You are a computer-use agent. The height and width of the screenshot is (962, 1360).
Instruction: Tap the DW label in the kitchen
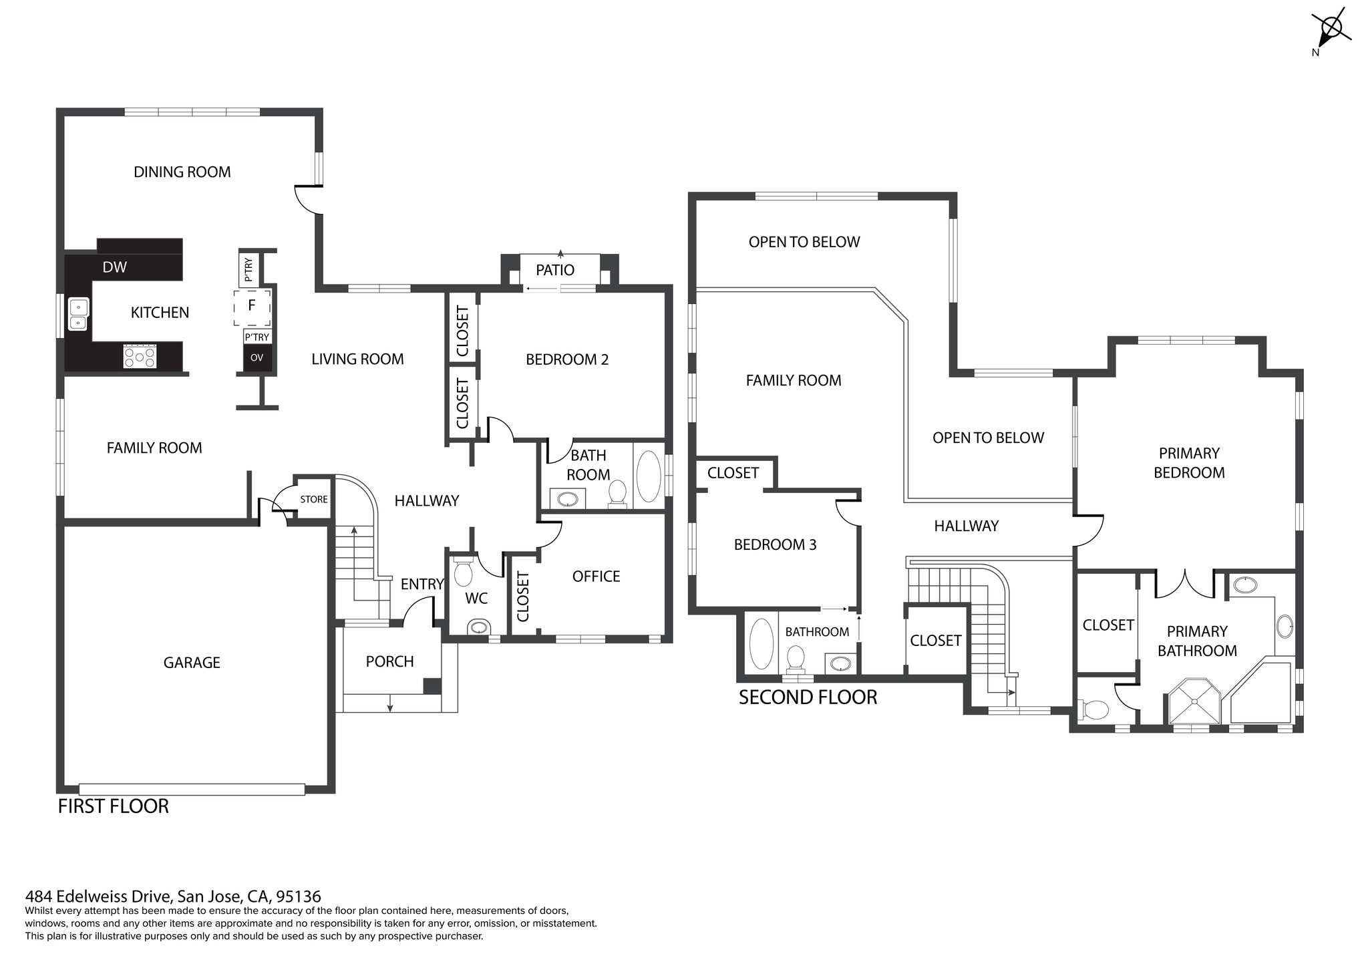(x=114, y=267)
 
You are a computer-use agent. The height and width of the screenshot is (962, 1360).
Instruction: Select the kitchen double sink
(x=79, y=315)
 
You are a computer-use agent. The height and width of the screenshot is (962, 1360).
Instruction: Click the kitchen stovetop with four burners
(x=140, y=356)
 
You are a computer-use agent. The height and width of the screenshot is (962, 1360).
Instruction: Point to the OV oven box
(x=257, y=358)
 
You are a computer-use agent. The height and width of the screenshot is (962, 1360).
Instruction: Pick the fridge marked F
(x=252, y=307)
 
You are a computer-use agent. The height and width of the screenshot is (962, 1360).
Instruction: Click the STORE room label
(x=314, y=500)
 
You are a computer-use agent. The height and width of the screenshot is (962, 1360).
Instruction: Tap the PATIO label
(x=555, y=270)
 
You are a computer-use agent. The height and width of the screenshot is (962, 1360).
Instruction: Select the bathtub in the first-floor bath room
(x=648, y=476)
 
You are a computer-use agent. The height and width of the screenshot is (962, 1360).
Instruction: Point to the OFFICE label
(x=597, y=577)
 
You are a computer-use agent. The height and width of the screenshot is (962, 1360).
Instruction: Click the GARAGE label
(x=192, y=663)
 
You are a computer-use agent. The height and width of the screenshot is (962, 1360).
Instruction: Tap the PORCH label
(x=390, y=661)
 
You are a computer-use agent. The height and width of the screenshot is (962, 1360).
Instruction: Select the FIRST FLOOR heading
(x=114, y=806)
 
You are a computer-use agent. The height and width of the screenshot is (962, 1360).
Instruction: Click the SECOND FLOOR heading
(x=808, y=697)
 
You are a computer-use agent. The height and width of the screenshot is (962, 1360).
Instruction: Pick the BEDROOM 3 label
(x=775, y=544)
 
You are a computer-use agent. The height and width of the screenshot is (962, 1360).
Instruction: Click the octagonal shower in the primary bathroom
(x=1194, y=701)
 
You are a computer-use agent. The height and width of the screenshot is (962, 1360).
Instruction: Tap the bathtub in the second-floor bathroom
(x=761, y=644)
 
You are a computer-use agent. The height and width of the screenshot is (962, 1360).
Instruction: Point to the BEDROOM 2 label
(x=567, y=359)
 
